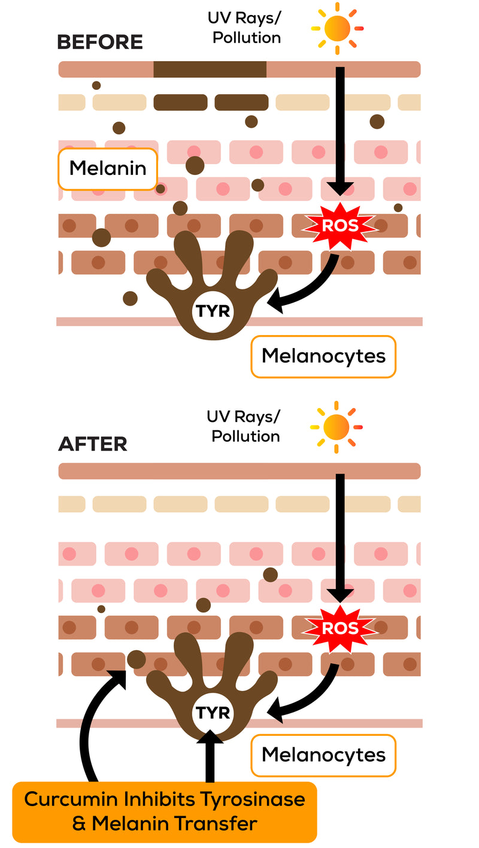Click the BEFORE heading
(100, 42)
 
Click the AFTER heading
(93, 444)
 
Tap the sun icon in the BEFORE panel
(337, 28)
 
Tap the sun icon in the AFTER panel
(336, 427)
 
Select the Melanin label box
(107, 169)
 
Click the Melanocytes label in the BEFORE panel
(323, 357)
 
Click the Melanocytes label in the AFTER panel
(323, 755)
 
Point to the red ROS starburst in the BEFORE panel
(339, 226)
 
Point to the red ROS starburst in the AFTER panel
(339, 629)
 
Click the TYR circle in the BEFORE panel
(213, 312)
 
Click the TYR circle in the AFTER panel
(213, 713)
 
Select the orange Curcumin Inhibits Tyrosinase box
(165, 811)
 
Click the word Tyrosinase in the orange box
(252, 799)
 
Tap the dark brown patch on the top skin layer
(210, 70)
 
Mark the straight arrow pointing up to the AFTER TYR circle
(210, 756)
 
